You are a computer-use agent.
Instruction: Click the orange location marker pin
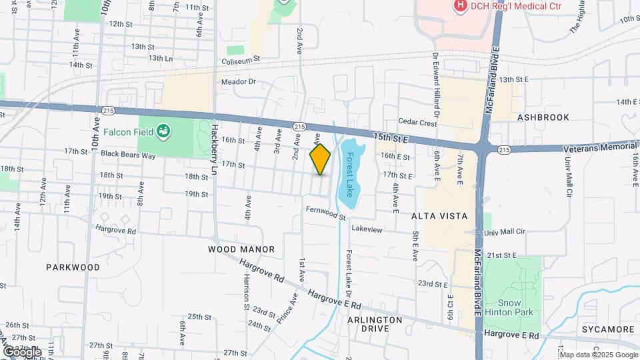(x=320, y=159)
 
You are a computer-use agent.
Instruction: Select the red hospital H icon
(x=459, y=6)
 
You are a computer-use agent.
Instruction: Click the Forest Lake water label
(x=349, y=173)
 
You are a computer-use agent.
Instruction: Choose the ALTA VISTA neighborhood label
(x=439, y=217)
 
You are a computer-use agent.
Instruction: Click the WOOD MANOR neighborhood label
(x=241, y=249)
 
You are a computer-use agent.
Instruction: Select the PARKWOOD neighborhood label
(x=73, y=267)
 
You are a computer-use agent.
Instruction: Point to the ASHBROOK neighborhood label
(x=543, y=117)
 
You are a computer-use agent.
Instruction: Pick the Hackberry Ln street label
(x=215, y=150)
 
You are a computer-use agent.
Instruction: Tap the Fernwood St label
(x=327, y=213)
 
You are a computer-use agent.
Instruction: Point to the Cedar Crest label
(x=417, y=122)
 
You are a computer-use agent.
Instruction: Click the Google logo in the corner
(x=21, y=351)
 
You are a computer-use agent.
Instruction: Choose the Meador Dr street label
(x=239, y=81)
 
